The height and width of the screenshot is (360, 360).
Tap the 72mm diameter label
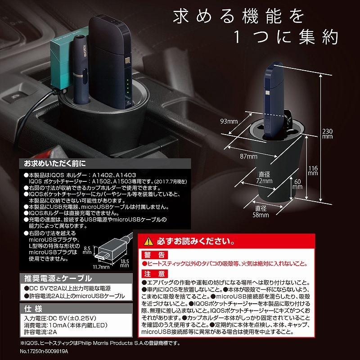point(265,177)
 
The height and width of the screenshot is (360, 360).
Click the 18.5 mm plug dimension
point(125,262)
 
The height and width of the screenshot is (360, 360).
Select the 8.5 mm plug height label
point(88,250)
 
